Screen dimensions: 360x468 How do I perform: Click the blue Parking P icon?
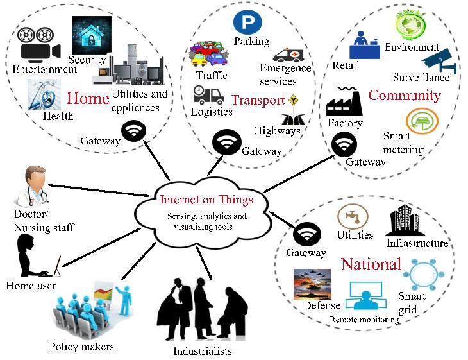[244, 23]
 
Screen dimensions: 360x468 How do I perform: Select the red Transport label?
[258, 100]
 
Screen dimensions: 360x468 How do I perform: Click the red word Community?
[404, 96]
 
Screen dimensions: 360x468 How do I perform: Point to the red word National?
[371, 264]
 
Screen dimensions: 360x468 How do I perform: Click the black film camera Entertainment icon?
[36, 43]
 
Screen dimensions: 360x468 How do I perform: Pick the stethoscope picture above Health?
[44, 94]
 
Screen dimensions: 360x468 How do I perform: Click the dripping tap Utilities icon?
[353, 217]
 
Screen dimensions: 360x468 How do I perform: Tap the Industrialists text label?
[202, 351]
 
